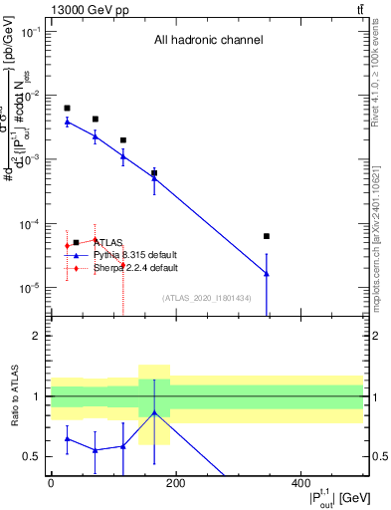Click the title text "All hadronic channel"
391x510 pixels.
tap(208, 41)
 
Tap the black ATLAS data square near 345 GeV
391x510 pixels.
tap(267, 236)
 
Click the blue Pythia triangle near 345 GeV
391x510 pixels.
tap(267, 272)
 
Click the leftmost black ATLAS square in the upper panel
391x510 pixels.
tap(67, 108)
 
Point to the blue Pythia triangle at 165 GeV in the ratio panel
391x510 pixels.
tap(154, 412)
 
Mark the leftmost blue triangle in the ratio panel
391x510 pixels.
tap(67, 438)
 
